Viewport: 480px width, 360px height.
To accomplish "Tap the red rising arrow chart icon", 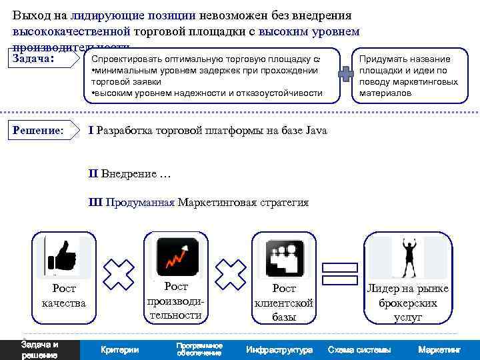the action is pos(177,257).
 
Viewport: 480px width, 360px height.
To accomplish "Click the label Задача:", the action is pos(33,59).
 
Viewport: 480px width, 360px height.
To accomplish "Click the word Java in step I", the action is pos(316,131).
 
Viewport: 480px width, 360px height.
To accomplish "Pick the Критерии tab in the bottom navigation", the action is pos(119,350).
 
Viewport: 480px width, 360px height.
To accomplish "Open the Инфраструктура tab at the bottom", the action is pos(279,350).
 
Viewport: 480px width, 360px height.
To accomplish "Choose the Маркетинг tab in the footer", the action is pos(439,350).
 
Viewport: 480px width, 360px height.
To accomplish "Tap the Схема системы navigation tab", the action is pos(359,350).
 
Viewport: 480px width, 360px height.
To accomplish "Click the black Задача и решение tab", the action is pos(39,350).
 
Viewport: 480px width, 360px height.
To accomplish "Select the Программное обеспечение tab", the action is pos(199,349).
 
